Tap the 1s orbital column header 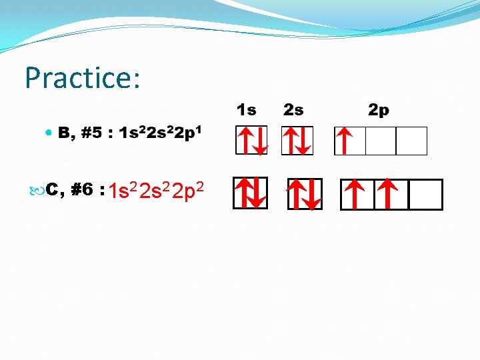pyautogui.click(x=246, y=109)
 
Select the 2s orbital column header pyautogui.click(x=293, y=109)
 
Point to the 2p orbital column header pyautogui.click(x=379, y=110)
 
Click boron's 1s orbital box pyautogui.click(x=251, y=141)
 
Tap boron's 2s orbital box pyautogui.click(x=297, y=141)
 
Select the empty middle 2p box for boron pyautogui.click(x=381, y=141)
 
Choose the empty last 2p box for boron pyautogui.click(x=411, y=141)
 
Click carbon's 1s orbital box pyautogui.click(x=251, y=193)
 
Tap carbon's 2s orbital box pyautogui.click(x=305, y=194)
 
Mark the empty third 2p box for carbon pyautogui.click(x=425, y=195)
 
